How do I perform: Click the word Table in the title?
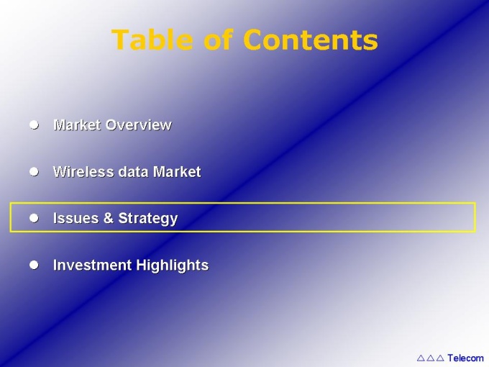(x=152, y=40)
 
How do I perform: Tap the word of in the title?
(x=219, y=40)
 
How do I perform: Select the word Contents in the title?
(x=311, y=40)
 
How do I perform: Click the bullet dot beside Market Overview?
(x=34, y=124)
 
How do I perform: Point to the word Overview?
(x=139, y=124)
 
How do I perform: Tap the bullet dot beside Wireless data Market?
(x=34, y=172)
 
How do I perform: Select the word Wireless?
(x=83, y=172)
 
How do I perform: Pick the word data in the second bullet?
(x=134, y=172)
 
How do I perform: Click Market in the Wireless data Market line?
(x=177, y=172)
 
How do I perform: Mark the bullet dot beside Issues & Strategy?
(x=34, y=218)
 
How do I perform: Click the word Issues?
(x=76, y=218)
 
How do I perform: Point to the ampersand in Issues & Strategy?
(x=108, y=218)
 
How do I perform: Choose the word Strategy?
(x=148, y=219)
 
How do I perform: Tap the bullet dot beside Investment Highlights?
(x=34, y=265)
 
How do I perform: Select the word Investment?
(x=92, y=265)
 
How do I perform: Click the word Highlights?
(x=173, y=266)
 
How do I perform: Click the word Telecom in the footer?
(x=465, y=358)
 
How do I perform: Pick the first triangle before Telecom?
(x=421, y=358)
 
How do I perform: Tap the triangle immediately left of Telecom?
(x=440, y=358)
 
